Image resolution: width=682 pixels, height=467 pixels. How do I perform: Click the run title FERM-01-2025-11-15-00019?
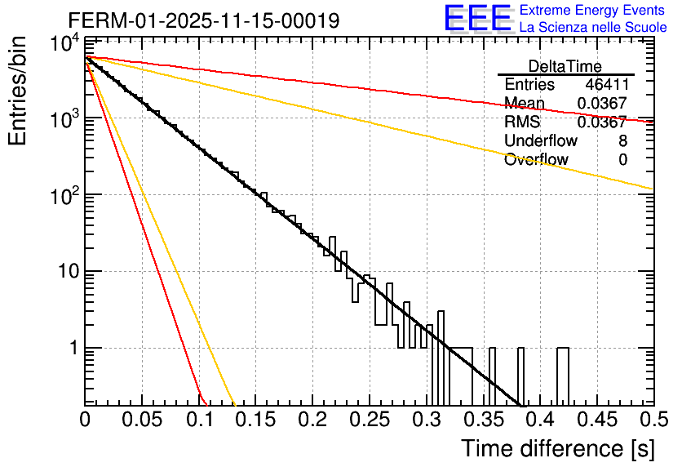(204, 20)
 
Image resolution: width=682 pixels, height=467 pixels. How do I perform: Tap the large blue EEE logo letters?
(477, 19)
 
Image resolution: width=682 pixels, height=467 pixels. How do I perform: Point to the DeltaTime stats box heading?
(565, 66)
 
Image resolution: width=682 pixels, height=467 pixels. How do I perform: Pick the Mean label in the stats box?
(524, 103)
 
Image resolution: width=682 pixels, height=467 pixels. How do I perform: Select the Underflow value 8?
(622, 140)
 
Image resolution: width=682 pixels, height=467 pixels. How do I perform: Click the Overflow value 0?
(622, 159)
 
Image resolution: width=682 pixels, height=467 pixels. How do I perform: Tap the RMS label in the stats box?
(522, 122)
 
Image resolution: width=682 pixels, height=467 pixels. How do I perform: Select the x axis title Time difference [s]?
(557, 448)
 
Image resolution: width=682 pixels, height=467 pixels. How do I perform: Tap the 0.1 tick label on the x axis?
(198, 420)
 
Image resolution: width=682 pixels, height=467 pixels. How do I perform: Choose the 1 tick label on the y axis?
(71, 348)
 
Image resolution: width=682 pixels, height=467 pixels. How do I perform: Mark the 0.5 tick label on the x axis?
(653, 420)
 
